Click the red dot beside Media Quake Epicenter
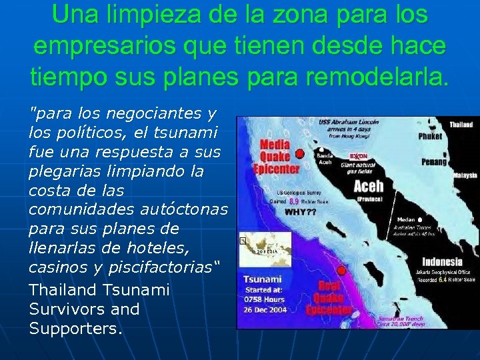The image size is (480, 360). click(x=300, y=153)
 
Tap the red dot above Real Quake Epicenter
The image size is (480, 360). click(x=341, y=271)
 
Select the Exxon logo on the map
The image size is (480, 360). click(x=359, y=156)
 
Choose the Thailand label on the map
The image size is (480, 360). click(x=461, y=124)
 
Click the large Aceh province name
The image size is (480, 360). click(x=368, y=185)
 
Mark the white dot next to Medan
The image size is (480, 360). click(x=420, y=219)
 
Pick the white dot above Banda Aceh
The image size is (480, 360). click(x=321, y=149)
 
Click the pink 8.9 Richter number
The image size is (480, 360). click(x=293, y=201)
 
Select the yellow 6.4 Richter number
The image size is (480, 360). click(x=442, y=280)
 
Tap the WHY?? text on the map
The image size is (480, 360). click(x=301, y=212)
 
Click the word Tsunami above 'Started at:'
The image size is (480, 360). click(x=262, y=279)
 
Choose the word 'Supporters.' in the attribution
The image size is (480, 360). click(x=75, y=329)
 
